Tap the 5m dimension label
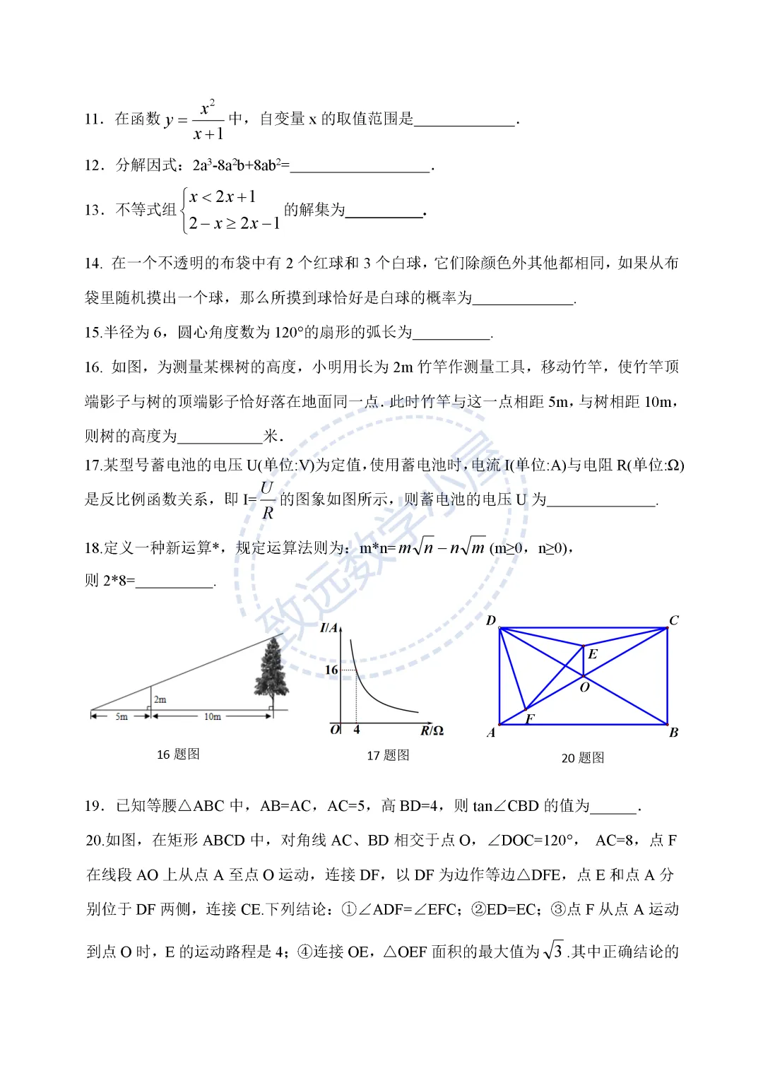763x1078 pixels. (x=122, y=716)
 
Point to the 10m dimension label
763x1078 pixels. (x=212, y=716)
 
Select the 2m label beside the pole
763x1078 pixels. (x=160, y=699)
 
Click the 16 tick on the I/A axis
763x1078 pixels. (x=331, y=670)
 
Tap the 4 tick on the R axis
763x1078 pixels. (x=357, y=730)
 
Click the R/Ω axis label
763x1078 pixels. (x=432, y=730)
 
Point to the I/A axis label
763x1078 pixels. (x=329, y=628)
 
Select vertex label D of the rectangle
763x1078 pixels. (x=491, y=620)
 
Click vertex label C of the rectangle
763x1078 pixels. (x=674, y=620)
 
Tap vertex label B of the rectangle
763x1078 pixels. (x=673, y=733)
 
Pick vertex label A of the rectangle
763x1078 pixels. (x=491, y=733)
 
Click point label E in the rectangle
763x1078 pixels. (x=593, y=654)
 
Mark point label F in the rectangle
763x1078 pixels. (x=530, y=718)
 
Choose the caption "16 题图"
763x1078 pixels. (x=178, y=754)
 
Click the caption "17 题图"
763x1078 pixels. (x=388, y=756)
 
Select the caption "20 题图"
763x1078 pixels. (x=583, y=758)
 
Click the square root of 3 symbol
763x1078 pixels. (x=553, y=951)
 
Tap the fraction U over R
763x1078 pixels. (x=267, y=500)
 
